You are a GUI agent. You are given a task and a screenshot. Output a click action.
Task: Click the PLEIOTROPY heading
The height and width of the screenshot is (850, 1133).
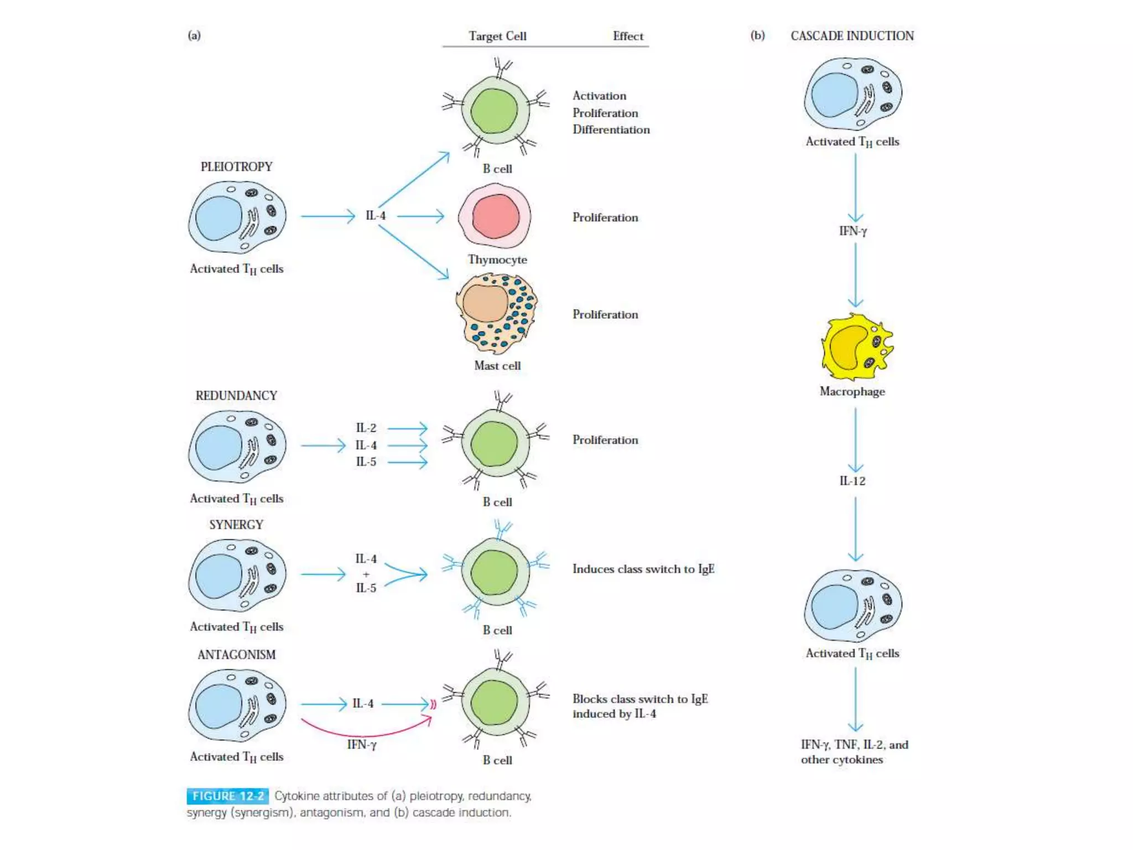(236, 167)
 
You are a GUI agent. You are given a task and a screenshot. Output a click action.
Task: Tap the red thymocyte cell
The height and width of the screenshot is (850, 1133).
(495, 216)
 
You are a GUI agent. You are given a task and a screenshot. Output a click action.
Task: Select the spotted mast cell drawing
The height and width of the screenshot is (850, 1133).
(496, 313)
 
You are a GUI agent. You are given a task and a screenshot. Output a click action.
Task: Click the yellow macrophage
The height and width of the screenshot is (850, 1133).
(855, 347)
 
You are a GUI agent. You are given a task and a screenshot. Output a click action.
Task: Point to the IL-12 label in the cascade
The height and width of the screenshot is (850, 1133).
(852, 481)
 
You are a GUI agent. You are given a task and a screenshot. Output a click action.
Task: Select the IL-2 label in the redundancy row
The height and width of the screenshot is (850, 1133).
(366, 428)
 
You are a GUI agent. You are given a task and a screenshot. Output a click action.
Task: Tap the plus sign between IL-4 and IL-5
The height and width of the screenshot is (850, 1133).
(366, 574)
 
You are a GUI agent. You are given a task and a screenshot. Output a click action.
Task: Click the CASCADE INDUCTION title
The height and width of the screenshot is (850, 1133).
(852, 36)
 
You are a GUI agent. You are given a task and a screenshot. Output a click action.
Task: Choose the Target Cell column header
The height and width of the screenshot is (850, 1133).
(497, 37)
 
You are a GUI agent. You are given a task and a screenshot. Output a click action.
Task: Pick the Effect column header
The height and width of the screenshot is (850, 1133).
(628, 37)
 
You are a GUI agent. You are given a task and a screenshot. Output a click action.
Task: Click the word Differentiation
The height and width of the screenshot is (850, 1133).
(611, 129)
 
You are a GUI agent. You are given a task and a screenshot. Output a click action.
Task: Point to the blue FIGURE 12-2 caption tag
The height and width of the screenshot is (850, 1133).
(228, 796)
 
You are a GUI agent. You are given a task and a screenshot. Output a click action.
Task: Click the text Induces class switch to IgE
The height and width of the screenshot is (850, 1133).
(643, 569)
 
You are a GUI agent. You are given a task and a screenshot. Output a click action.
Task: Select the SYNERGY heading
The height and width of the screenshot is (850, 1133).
(236, 525)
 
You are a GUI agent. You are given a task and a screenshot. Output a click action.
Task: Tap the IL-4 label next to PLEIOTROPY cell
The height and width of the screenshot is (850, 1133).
(376, 216)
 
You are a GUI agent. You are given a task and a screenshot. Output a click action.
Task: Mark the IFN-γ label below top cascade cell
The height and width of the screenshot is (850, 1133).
(853, 231)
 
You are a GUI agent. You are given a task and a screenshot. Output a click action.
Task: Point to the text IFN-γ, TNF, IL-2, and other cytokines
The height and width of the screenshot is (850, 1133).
(854, 751)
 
